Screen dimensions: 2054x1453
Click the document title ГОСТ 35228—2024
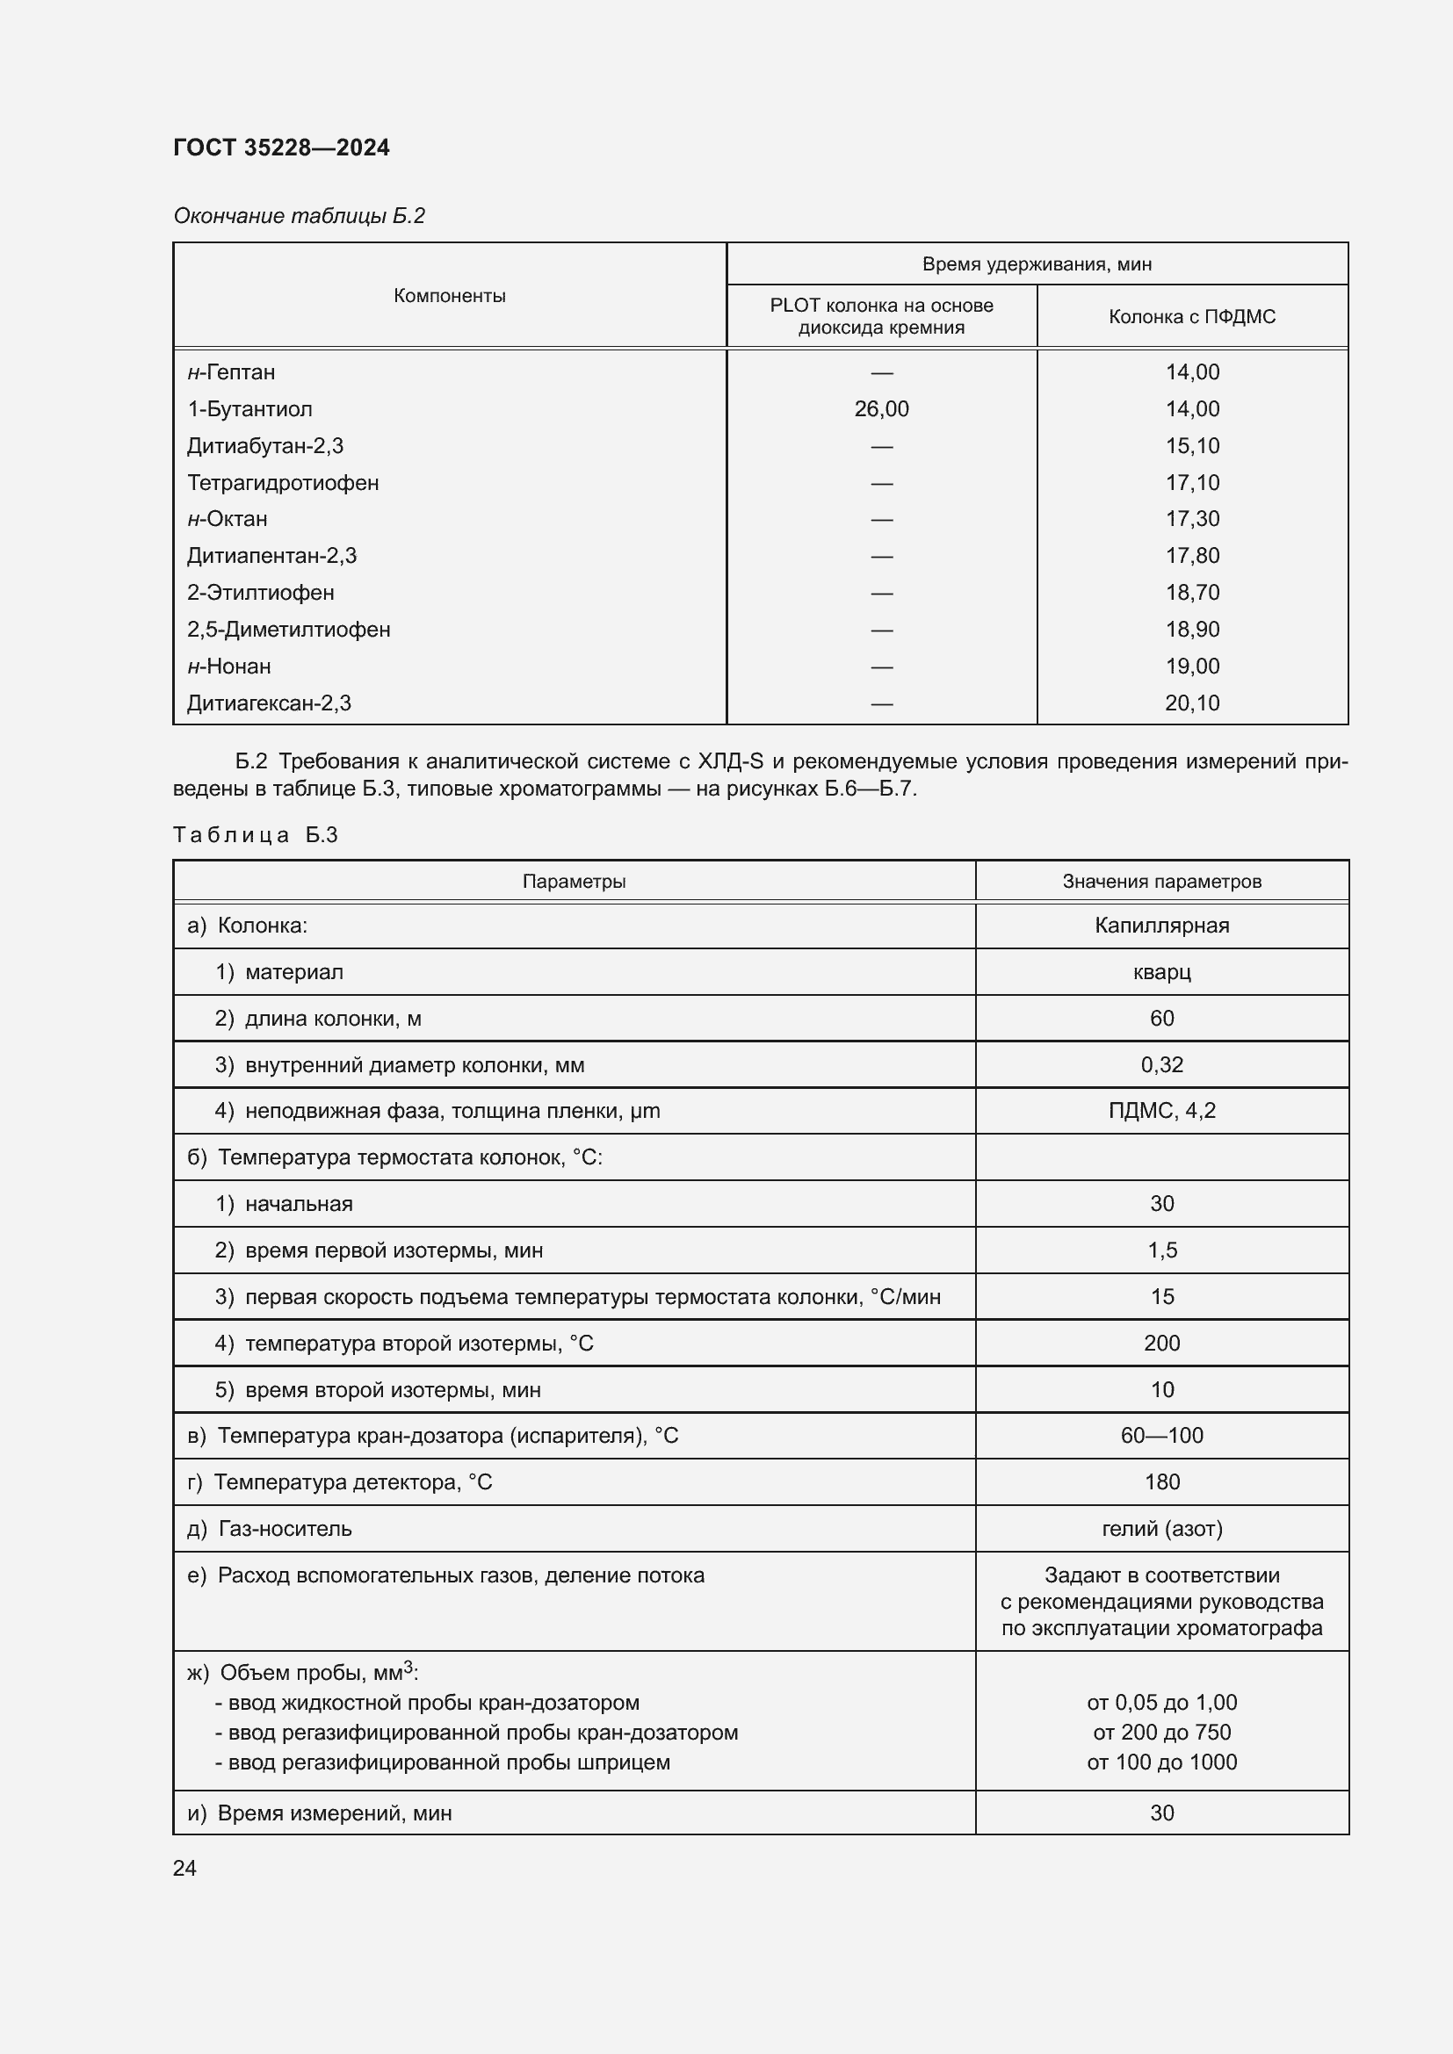[x=281, y=148]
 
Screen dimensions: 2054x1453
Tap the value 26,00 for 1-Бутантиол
[x=880, y=409]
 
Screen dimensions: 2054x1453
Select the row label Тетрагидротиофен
[x=283, y=482]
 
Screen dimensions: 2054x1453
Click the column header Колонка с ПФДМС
[x=1191, y=316]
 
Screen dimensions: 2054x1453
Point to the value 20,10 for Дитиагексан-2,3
[x=1191, y=703]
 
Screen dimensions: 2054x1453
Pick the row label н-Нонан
[x=229, y=666]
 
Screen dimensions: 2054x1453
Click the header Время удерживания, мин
[x=1036, y=264]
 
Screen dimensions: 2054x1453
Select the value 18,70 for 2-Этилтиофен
[x=1191, y=592]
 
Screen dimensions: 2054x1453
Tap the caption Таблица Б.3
[x=255, y=834]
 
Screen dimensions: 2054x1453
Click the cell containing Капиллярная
[x=1160, y=925]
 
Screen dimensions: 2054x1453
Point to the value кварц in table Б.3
[x=1160, y=971]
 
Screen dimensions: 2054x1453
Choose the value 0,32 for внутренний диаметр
[x=1160, y=1064]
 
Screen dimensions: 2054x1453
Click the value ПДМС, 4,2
[x=1160, y=1110]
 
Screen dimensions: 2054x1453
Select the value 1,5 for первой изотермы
[x=1160, y=1250]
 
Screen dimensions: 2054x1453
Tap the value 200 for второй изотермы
[x=1160, y=1343]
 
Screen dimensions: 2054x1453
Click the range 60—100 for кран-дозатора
[x=1160, y=1435]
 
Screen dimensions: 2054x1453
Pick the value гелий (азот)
[x=1160, y=1528]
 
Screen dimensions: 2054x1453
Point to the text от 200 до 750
[x=1160, y=1732]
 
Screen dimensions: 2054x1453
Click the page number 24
[x=184, y=1868]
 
